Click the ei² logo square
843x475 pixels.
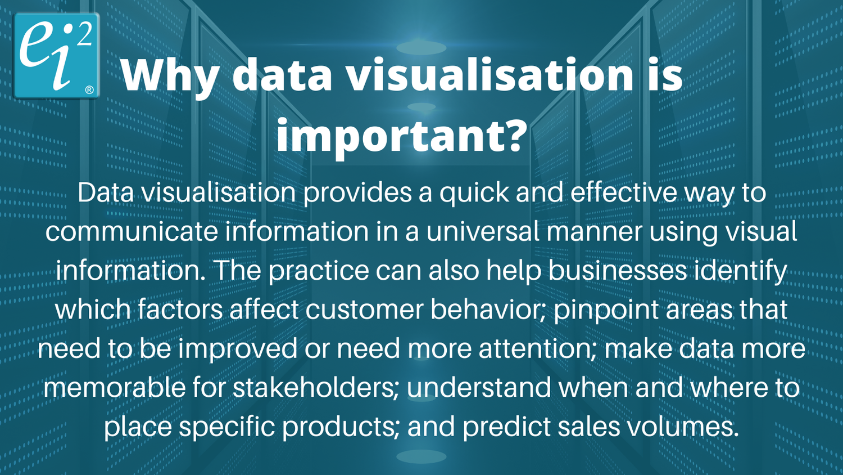pos(56,55)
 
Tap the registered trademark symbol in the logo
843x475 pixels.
pos(89,90)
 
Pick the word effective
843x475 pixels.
pos(623,193)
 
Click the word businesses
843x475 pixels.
pos(618,271)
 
